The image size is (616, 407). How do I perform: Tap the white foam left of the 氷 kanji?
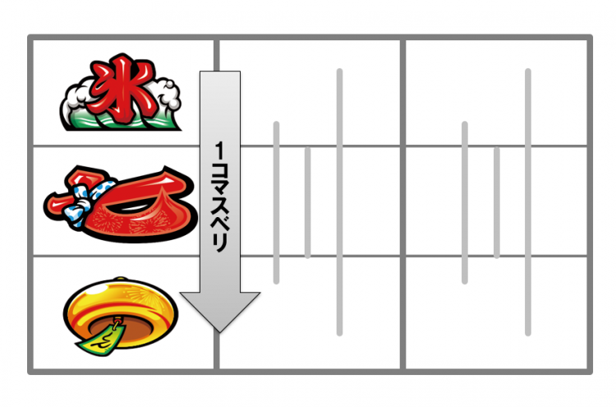coord(76,101)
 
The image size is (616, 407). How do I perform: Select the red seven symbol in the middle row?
coord(121,203)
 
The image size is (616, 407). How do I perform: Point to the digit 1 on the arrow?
coord(219,151)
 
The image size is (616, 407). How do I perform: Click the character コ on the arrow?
coord(219,172)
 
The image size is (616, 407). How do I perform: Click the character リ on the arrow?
coord(219,244)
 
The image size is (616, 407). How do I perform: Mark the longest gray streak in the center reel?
coord(339,202)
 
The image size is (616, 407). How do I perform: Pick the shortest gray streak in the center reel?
coord(308,202)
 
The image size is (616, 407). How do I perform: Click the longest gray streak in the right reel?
coord(527,202)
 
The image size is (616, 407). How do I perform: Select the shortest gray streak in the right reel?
coord(497,202)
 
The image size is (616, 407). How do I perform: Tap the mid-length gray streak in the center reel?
coord(276,202)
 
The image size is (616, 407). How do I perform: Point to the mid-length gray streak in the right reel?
coord(465,202)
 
